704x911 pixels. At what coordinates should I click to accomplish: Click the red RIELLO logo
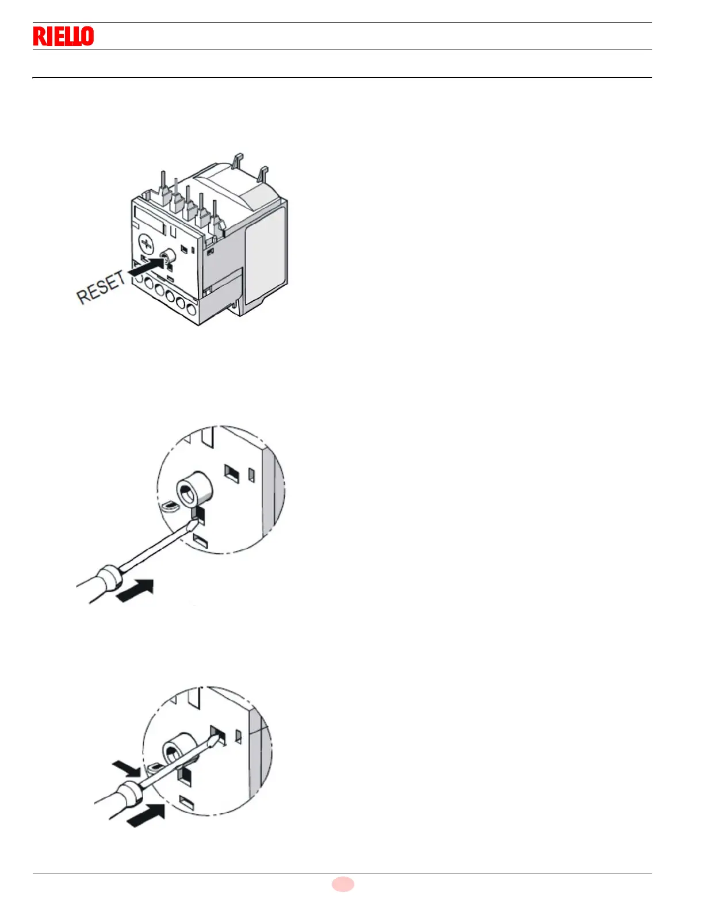click(x=63, y=36)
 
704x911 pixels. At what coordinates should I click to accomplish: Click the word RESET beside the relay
click(x=101, y=287)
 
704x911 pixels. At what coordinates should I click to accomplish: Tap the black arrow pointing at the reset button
click(x=145, y=266)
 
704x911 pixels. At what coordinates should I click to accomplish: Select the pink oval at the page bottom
click(x=343, y=884)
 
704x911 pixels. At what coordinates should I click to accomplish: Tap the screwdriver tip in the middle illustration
click(x=196, y=520)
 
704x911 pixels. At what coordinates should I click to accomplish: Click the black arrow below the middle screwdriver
click(x=136, y=591)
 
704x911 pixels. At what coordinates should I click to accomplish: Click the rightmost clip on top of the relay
click(x=263, y=173)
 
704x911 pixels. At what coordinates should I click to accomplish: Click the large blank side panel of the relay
click(x=265, y=253)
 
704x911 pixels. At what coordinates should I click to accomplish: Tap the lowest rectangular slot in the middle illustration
click(x=200, y=540)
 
